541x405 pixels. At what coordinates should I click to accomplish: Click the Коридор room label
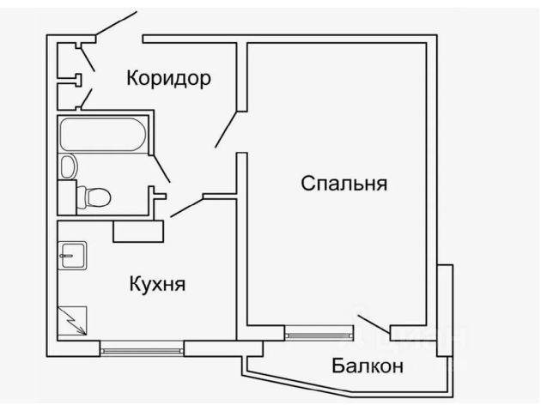(x=168, y=78)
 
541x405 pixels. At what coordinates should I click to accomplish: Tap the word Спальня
(x=344, y=184)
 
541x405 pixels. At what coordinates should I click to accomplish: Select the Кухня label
(x=158, y=284)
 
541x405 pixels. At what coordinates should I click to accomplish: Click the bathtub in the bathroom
(x=103, y=135)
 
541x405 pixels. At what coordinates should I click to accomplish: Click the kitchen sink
(x=73, y=255)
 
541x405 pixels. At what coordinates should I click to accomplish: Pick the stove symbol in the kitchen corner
(x=73, y=323)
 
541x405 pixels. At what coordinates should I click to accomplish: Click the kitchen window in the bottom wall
(x=142, y=348)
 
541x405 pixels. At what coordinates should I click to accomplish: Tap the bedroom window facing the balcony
(x=319, y=333)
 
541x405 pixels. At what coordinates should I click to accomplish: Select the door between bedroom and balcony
(x=373, y=324)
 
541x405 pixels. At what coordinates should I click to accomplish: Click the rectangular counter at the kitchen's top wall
(x=138, y=231)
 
